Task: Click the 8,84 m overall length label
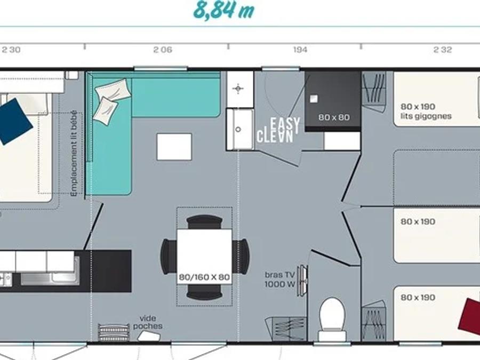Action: click(224, 10)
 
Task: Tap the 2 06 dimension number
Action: click(163, 50)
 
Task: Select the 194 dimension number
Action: click(300, 50)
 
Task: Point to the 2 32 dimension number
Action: click(443, 50)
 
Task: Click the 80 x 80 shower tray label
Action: click(334, 117)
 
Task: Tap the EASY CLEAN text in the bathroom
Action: click(278, 131)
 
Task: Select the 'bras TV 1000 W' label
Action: click(279, 279)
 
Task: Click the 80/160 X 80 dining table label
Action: click(204, 277)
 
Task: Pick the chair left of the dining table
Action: click(169, 257)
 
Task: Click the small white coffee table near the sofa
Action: click(174, 147)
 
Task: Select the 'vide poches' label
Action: click(148, 322)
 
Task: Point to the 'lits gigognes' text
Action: click(426, 116)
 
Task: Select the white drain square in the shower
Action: click(314, 99)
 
